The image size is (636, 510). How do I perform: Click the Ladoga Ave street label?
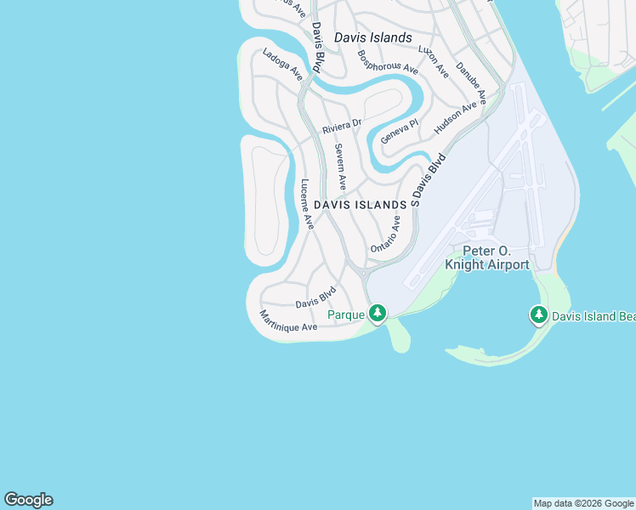282,65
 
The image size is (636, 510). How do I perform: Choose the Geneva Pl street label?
400,130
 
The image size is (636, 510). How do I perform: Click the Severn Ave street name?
340,166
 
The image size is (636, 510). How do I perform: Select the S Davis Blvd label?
428,180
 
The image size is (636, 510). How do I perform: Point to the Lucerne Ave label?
308,204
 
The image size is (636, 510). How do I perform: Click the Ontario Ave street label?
385,234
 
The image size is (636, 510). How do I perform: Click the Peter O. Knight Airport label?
487,258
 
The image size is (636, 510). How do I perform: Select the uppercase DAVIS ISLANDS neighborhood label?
360,205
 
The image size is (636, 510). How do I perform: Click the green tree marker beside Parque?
377,314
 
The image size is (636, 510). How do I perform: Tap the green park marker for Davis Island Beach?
538,315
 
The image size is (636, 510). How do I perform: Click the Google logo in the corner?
28,500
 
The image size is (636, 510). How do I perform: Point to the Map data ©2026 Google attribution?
584,503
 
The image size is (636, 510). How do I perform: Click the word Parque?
346,314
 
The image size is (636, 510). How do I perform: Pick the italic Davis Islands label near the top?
372,37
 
